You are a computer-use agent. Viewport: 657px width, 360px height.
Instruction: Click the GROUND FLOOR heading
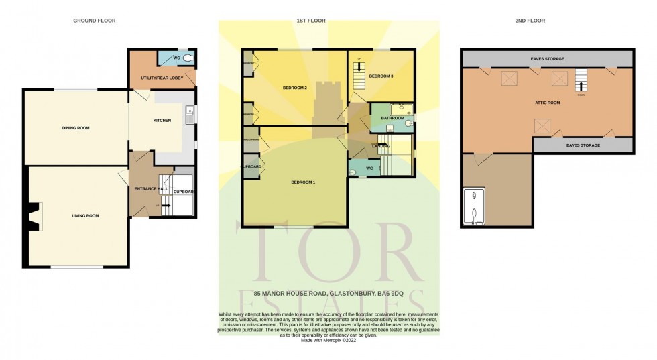[x=94, y=21]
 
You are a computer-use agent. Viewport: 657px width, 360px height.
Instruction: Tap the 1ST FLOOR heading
[x=310, y=21]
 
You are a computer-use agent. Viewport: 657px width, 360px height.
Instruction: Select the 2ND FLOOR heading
[x=530, y=21]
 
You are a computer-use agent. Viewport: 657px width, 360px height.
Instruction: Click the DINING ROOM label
[x=76, y=127]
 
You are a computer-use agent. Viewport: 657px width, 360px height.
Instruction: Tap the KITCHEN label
[x=162, y=121]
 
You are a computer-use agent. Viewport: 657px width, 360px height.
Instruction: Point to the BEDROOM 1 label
[x=303, y=182]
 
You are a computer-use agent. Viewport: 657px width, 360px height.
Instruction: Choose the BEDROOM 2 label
[x=294, y=88]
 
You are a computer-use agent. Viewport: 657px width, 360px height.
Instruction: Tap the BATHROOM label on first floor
[x=392, y=118]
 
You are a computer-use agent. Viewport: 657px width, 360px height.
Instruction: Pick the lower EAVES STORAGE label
[x=583, y=145]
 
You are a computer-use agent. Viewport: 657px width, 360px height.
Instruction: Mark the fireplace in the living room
[x=34, y=217]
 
